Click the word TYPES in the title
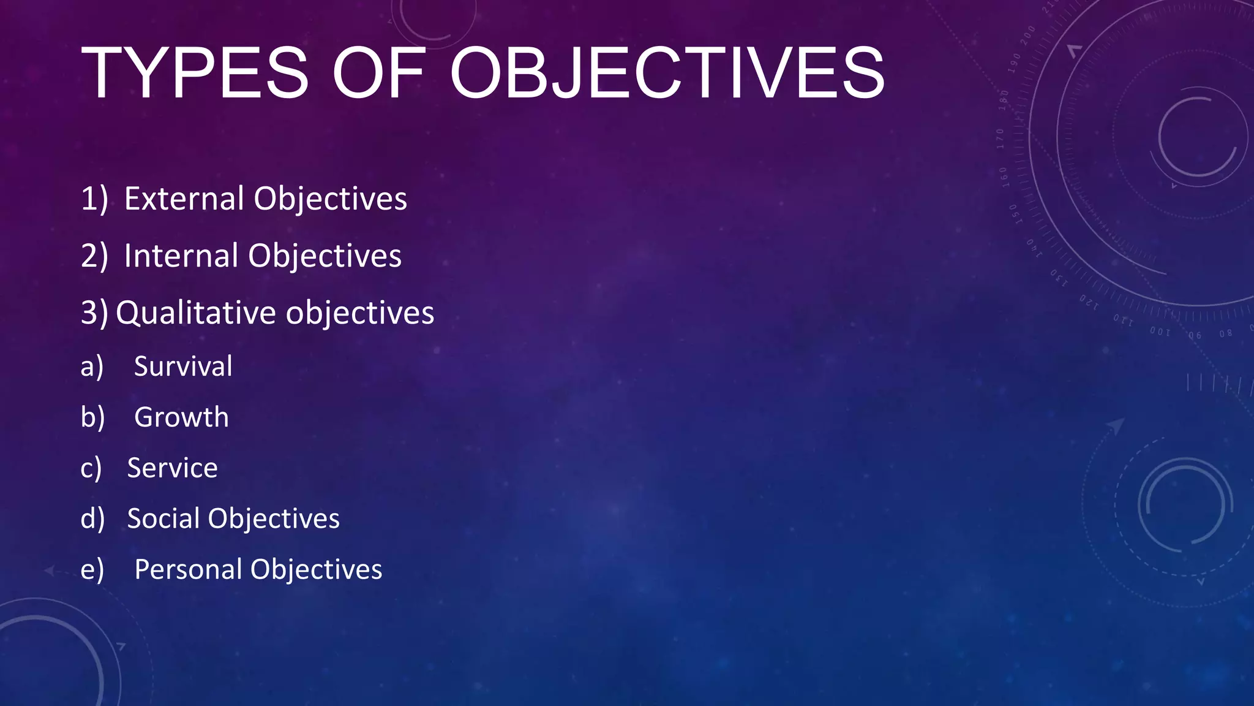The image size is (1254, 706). point(195,74)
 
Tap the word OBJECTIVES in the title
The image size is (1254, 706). point(667,74)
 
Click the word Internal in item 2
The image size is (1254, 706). point(181,256)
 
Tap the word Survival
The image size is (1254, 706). point(183,366)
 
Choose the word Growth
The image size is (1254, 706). point(181,417)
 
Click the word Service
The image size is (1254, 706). point(172,468)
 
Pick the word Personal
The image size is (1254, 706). point(188,570)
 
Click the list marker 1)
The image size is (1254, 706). point(94,199)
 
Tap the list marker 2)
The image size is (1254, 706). point(94,256)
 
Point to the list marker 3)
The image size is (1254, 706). point(94,313)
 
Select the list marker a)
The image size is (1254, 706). point(92,367)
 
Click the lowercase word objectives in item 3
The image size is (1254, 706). point(360,313)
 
